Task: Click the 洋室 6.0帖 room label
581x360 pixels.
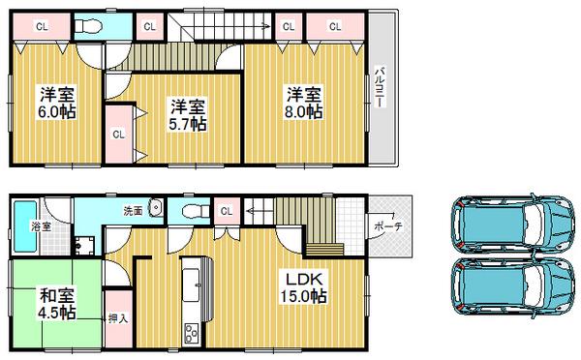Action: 57,102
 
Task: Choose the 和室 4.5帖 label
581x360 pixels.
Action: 57,303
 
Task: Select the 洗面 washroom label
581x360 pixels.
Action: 132,210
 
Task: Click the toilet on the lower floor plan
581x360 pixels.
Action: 194,210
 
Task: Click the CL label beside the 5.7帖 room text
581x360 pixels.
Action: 117,134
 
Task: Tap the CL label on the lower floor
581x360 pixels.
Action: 227,210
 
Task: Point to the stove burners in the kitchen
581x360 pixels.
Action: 190,334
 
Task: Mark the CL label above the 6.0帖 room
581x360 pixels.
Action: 42,26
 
